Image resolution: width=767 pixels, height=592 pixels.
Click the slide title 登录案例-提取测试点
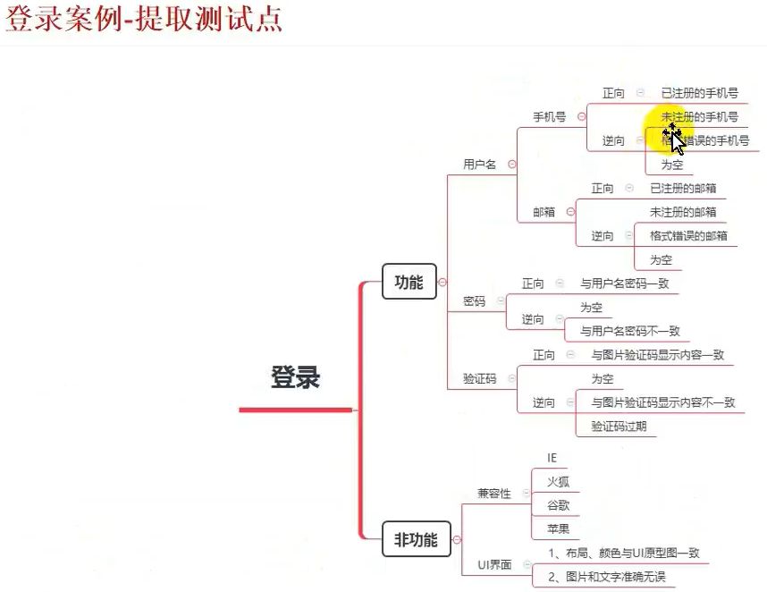point(144,20)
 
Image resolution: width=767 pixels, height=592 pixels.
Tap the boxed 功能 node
point(409,282)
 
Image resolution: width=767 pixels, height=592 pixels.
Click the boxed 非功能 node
point(416,539)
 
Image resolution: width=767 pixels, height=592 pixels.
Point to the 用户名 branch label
point(479,165)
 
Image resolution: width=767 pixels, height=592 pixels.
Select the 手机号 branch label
point(549,116)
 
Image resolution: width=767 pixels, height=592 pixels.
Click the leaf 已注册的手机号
point(699,93)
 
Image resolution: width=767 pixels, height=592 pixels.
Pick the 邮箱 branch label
point(544,212)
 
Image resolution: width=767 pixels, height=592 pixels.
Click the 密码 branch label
point(474,301)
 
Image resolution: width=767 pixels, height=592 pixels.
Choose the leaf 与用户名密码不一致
point(629,331)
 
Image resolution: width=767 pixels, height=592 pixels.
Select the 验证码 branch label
point(479,378)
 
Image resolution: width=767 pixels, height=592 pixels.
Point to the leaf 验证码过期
point(618,427)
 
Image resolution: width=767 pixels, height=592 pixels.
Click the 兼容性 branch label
point(494,493)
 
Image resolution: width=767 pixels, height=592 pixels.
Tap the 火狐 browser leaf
point(557,481)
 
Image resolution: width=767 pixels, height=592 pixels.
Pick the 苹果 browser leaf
point(557,529)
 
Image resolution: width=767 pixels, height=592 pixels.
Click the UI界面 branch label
point(494,564)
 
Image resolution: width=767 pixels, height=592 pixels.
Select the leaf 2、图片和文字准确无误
point(606,577)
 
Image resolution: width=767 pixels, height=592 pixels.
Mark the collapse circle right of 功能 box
point(442,282)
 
